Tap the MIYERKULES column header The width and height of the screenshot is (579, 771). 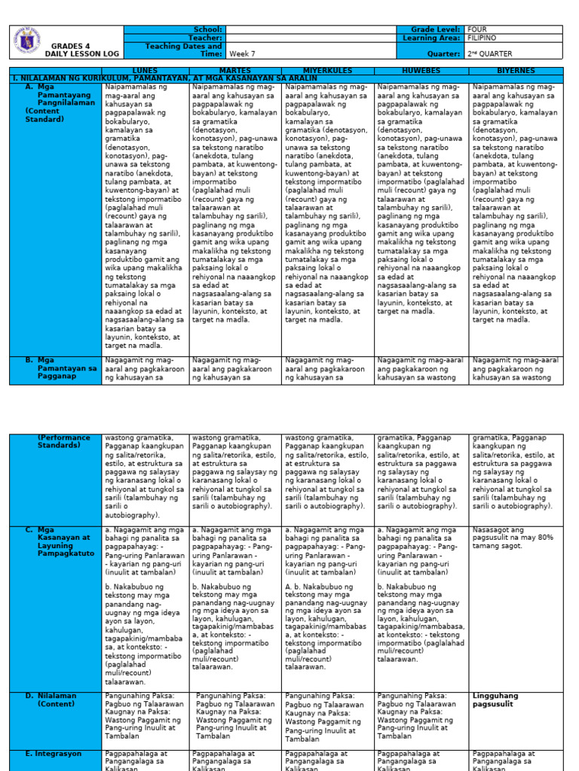click(x=327, y=70)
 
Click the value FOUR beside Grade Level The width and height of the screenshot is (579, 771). click(x=478, y=29)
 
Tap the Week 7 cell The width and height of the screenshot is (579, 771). click(x=243, y=54)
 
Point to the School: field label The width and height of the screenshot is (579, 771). click(x=208, y=29)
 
